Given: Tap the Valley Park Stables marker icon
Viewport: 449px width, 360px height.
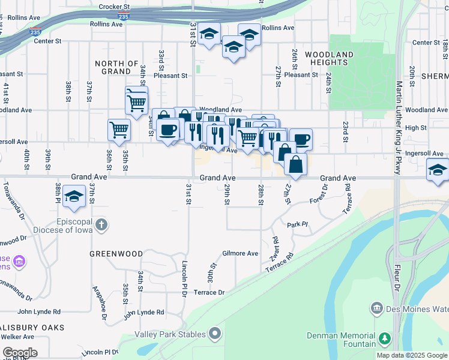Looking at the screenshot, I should (215, 334).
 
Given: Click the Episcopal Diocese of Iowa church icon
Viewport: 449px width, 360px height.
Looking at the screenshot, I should (102, 225).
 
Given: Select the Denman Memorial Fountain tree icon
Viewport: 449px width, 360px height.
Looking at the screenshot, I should (384, 340).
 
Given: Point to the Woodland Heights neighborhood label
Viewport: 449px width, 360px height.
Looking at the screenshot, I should (329, 58).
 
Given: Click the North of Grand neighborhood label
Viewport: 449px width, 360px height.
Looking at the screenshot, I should (116, 67).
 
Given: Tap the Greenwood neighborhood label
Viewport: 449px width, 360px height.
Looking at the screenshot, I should (116, 254).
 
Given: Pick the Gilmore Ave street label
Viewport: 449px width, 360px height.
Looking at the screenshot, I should (240, 253).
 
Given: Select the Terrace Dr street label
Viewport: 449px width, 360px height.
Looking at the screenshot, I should (209, 292).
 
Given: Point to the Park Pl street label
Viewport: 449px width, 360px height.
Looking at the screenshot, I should (297, 224).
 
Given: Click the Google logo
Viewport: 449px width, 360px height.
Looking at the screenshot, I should (20, 353).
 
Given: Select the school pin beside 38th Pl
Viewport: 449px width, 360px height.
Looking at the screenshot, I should (74, 196).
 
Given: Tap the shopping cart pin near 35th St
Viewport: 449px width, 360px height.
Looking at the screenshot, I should (119, 128).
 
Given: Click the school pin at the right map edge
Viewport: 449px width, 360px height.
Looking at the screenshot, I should (439, 170).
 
